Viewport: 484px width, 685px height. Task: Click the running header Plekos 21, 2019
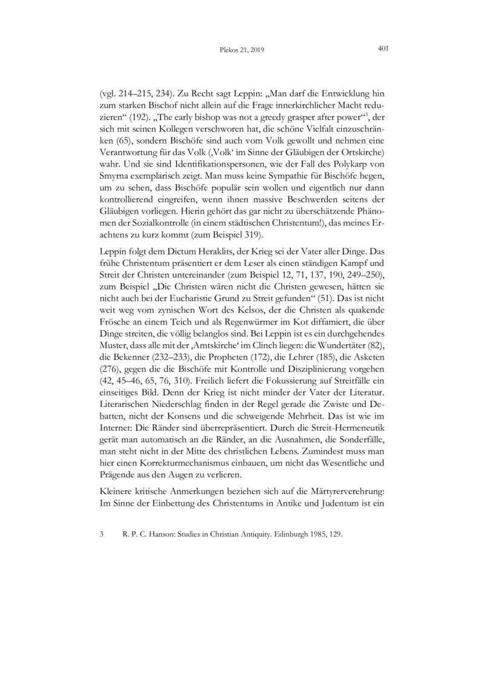click(242, 50)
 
